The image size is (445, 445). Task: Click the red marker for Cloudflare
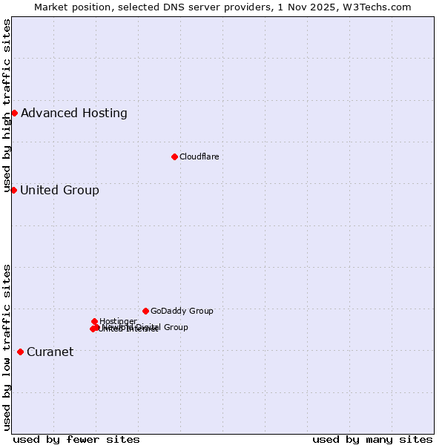(x=174, y=156)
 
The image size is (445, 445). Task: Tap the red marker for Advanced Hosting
(x=14, y=113)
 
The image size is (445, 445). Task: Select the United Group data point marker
(x=13, y=191)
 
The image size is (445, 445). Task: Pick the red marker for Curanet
(x=20, y=352)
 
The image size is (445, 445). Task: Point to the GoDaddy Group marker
(x=145, y=311)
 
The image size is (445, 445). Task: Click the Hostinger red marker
(x=95, y=321)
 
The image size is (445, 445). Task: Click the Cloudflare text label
(x=199, y=156)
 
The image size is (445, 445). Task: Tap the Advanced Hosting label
(x=74, y=113)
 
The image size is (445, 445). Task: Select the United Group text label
(x=59, y=191)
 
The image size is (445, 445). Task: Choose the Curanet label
(x=50, y=352)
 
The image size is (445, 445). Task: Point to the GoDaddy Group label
(x=182, y=311)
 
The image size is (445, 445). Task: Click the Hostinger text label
(x=118, y=321)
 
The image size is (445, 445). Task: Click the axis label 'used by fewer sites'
(x=76, y=439)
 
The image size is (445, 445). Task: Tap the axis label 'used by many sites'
(x=372, y=439)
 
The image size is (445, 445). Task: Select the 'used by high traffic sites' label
(x=7, y=105)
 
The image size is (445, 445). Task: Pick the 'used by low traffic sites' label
(x=7, y=347)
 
